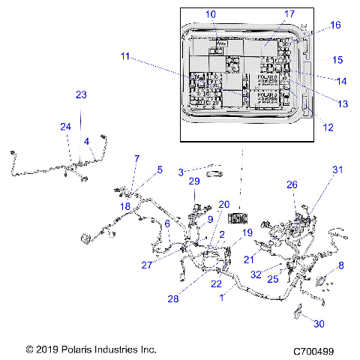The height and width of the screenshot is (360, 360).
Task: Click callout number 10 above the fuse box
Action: pyautogui.click(x=210, y=14)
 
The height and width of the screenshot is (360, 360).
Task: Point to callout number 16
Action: pyautogui.click(x=335, y=25)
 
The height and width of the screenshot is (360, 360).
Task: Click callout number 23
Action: pyautogui.click(x=82, y=94)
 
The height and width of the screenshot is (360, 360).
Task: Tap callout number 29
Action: pyautogui.click(x=193, y=182)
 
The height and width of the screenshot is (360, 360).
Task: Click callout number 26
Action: pyautogui.click(x=292, y=184)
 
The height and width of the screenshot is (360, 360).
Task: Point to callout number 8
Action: pyautogui.click(x=341, y=265)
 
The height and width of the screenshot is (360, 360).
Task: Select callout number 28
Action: pyautogui.click(x=173, y=299)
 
